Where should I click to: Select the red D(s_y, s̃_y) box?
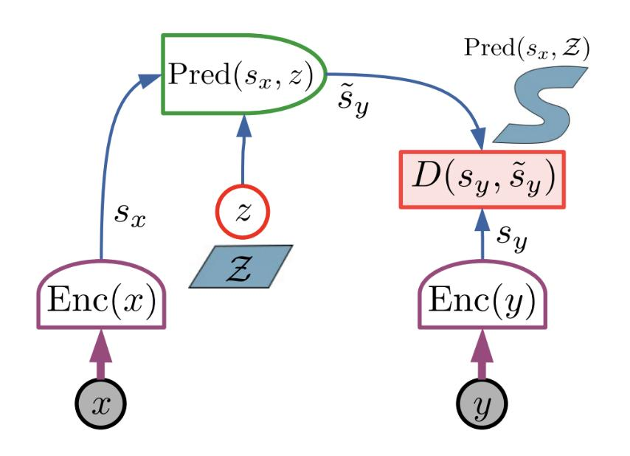(482, 179)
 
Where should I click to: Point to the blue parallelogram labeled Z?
(242, 266)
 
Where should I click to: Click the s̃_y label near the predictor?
(352, 107)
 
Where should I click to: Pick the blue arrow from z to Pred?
(243, 159)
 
